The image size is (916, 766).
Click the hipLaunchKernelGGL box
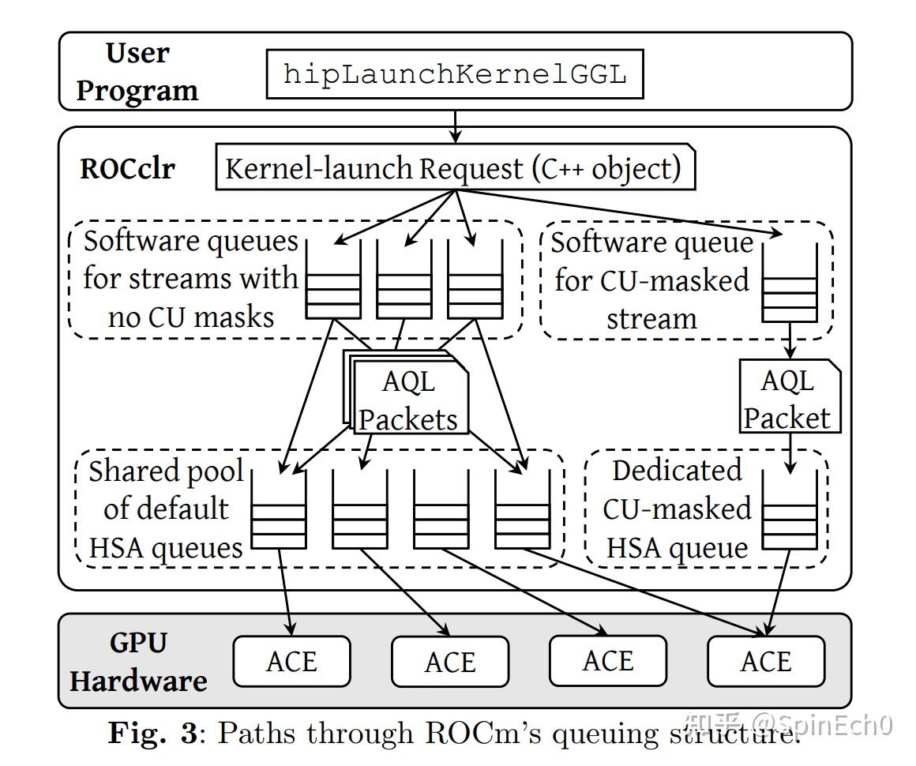454,74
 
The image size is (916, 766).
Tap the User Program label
137,72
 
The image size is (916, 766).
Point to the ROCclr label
127,169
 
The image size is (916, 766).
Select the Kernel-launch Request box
455,168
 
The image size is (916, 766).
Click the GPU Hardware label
138,662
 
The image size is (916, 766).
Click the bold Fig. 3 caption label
152,733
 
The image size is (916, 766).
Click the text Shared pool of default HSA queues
165,509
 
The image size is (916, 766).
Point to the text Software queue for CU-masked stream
651,280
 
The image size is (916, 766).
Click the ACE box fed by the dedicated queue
766,661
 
